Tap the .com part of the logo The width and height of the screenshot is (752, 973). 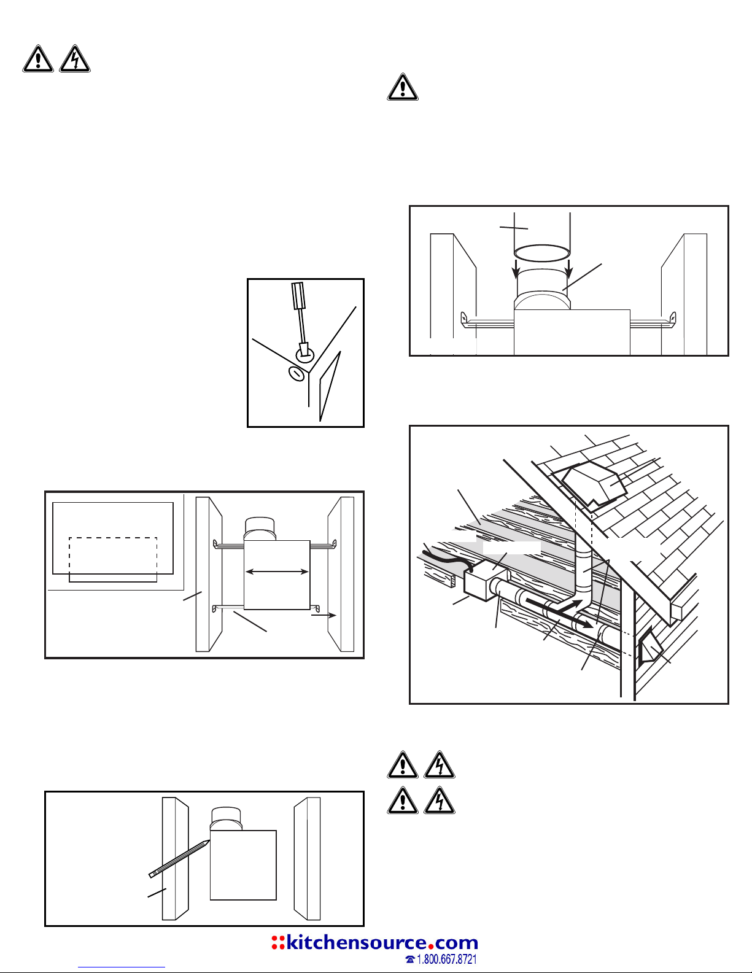(x=456, y=944)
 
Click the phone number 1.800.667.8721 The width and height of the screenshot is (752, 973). (x=447, y=959)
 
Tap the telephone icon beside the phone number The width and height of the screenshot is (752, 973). (x=410, y=959)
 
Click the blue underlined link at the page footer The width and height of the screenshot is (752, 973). (x=122, y=967)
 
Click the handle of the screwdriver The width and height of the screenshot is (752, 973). (x=298, y=295)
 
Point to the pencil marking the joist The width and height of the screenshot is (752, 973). (x=179, y=859)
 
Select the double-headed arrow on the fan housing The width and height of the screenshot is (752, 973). (x=277, y=572)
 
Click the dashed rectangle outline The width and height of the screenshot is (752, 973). (x=113, y=559)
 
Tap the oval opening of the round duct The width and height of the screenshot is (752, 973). (x=542, y=252)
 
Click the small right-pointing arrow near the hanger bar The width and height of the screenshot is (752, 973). (x=324, y=615)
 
